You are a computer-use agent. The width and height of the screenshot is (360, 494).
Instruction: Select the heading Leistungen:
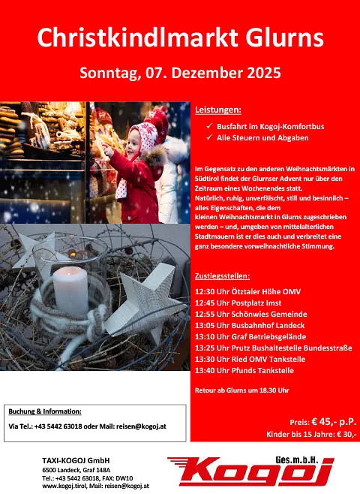[x=218, y=110]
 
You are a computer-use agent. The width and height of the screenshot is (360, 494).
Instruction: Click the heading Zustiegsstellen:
[x=226, y=276]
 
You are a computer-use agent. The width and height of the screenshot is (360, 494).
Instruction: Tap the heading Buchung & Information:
[x=45, y=411]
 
